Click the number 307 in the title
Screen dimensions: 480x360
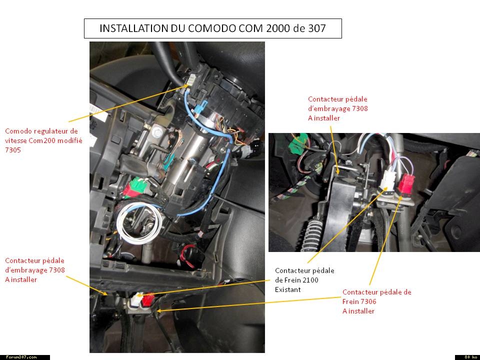coord(315,28)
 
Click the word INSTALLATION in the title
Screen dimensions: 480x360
coord(133,28)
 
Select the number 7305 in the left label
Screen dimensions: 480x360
coord(13,150)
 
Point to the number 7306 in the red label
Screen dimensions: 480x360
coord(367,301)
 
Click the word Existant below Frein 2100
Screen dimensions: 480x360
coord(288,289)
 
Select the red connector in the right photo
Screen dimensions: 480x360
coord(406,183)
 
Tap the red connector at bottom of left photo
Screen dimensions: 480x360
coord(147,299)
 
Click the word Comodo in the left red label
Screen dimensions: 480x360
coord(18,131)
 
